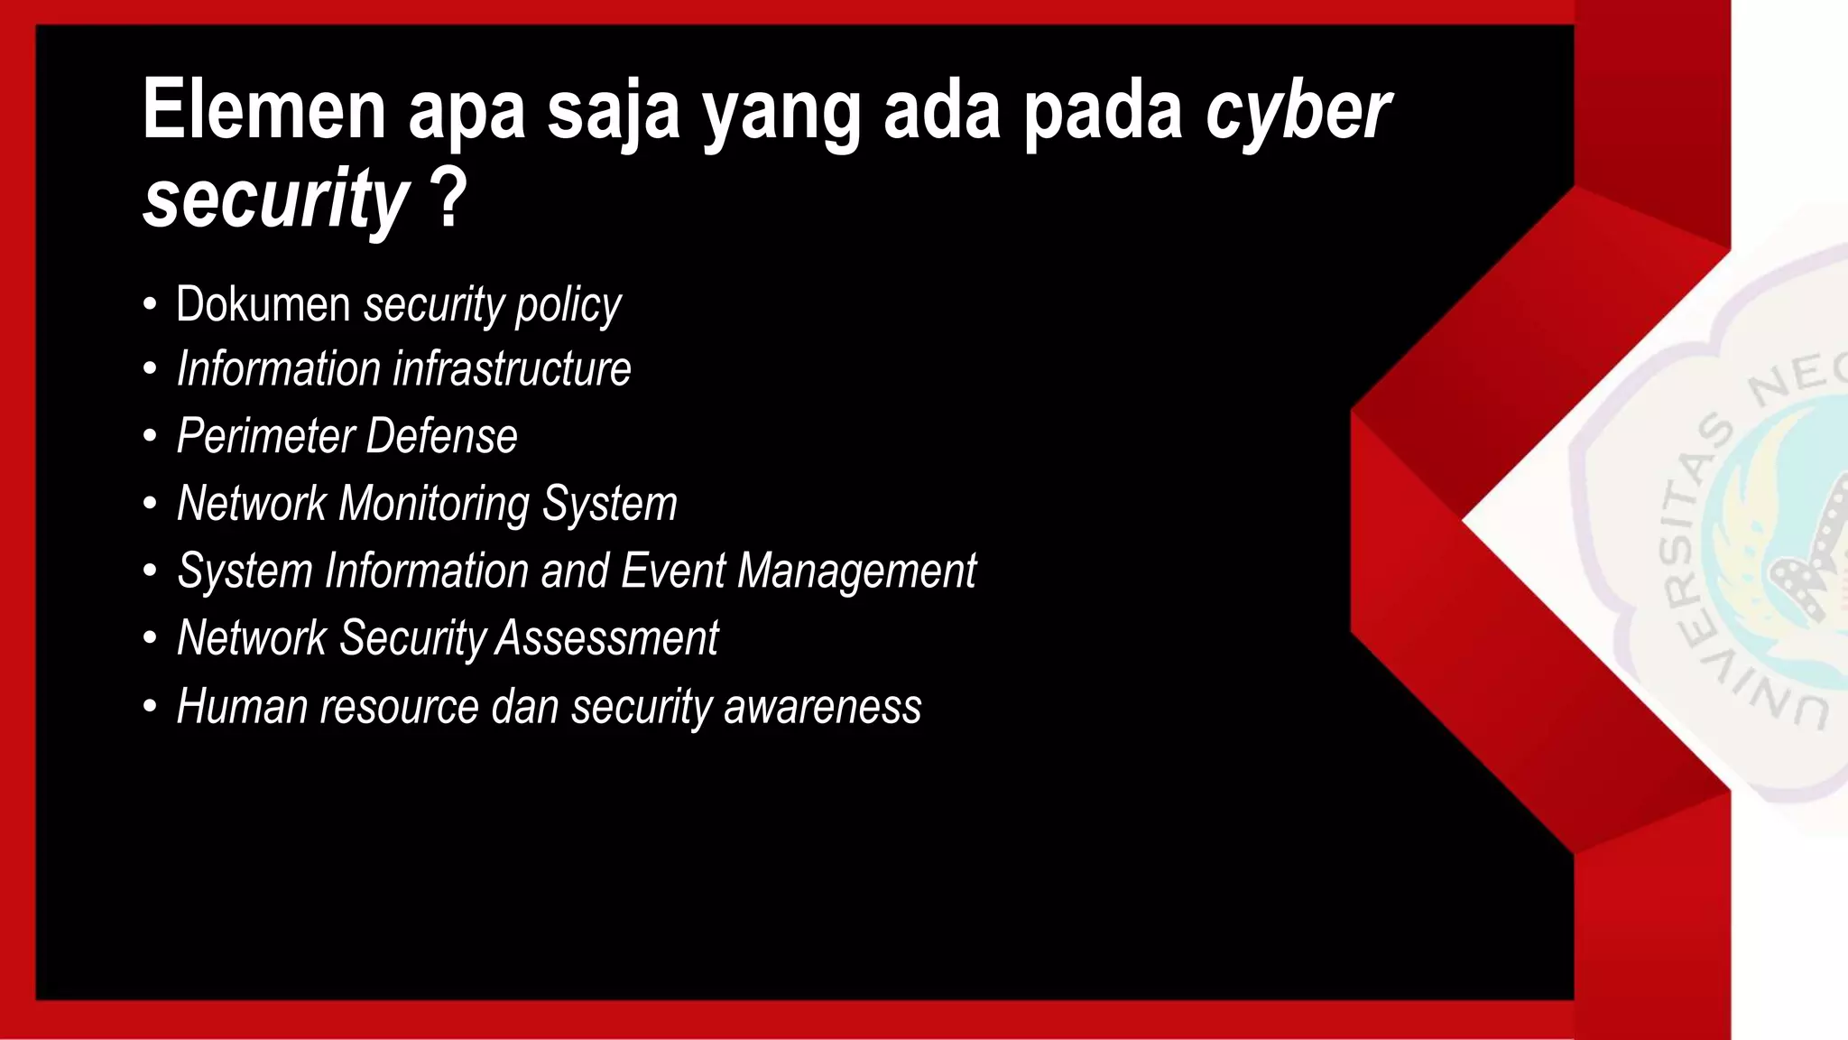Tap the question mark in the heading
449,199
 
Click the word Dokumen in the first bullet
263,304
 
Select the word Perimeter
265,437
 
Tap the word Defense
441,436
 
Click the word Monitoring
433,505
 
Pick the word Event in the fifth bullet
672,571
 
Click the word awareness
822,707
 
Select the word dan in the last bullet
524,706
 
